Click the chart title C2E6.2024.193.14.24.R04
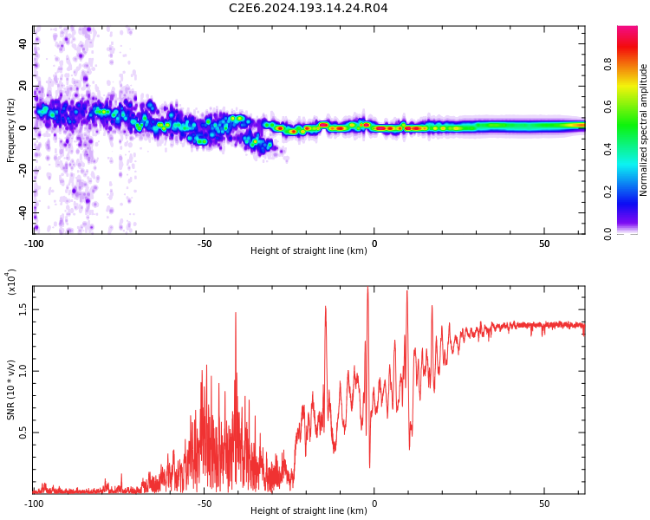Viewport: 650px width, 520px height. tap(309, 9)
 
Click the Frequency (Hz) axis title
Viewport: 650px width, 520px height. tap(11, 130)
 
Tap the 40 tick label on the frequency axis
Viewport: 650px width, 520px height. tap(23, 42)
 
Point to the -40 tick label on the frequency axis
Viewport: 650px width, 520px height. tap(22, 212)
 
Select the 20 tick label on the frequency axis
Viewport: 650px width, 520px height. tap(23, 85)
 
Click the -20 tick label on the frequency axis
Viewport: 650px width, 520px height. tap(22, 170)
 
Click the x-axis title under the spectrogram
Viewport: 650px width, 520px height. tap(309, 251)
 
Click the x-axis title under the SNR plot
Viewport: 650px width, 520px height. tap(309, 510)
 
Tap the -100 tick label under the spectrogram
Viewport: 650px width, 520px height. tap(34, 244)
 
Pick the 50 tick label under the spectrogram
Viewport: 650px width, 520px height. tap(544, 244)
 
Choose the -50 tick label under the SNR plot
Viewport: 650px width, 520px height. tap(204, 503)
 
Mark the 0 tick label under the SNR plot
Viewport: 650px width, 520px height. tap(374, 503)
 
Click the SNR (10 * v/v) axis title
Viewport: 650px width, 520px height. tap(11, 389)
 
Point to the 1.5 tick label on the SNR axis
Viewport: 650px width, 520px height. tap(23, 309)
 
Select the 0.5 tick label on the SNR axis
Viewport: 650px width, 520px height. tap(23, 432)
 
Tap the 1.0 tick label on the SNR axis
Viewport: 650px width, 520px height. tap(23, 371)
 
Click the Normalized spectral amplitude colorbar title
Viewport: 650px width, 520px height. tap(644, 130)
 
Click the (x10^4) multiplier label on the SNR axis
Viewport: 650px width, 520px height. tap(11, 282)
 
